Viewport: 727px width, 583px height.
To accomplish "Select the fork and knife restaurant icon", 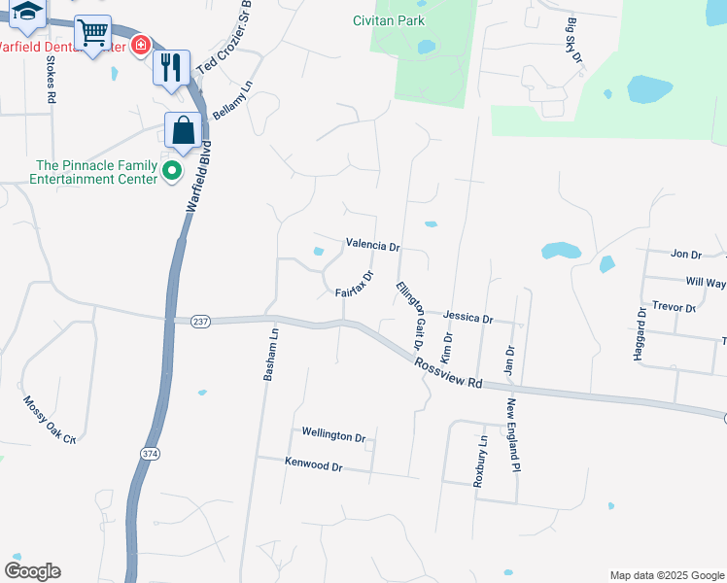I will coord(170,67).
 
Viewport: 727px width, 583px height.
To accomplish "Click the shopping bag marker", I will coord(182,130).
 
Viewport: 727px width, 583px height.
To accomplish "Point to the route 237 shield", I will coord(200,322).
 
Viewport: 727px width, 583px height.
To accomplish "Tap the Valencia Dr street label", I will coord(373,246).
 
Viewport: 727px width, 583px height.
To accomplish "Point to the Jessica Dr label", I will coord(467,318).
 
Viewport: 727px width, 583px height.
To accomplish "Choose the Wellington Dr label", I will coord(332,435).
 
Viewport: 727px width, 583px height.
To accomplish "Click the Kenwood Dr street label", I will coord(314,466).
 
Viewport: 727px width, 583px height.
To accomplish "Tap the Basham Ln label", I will coord(273,353).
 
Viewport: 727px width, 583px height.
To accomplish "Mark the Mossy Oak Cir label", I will coord(50,420).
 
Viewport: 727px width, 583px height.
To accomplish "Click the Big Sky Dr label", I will coord(573,42).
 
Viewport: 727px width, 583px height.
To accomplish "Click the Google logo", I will coord(32,571).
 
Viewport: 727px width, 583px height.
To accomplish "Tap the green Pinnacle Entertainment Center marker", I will coord(173,172).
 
